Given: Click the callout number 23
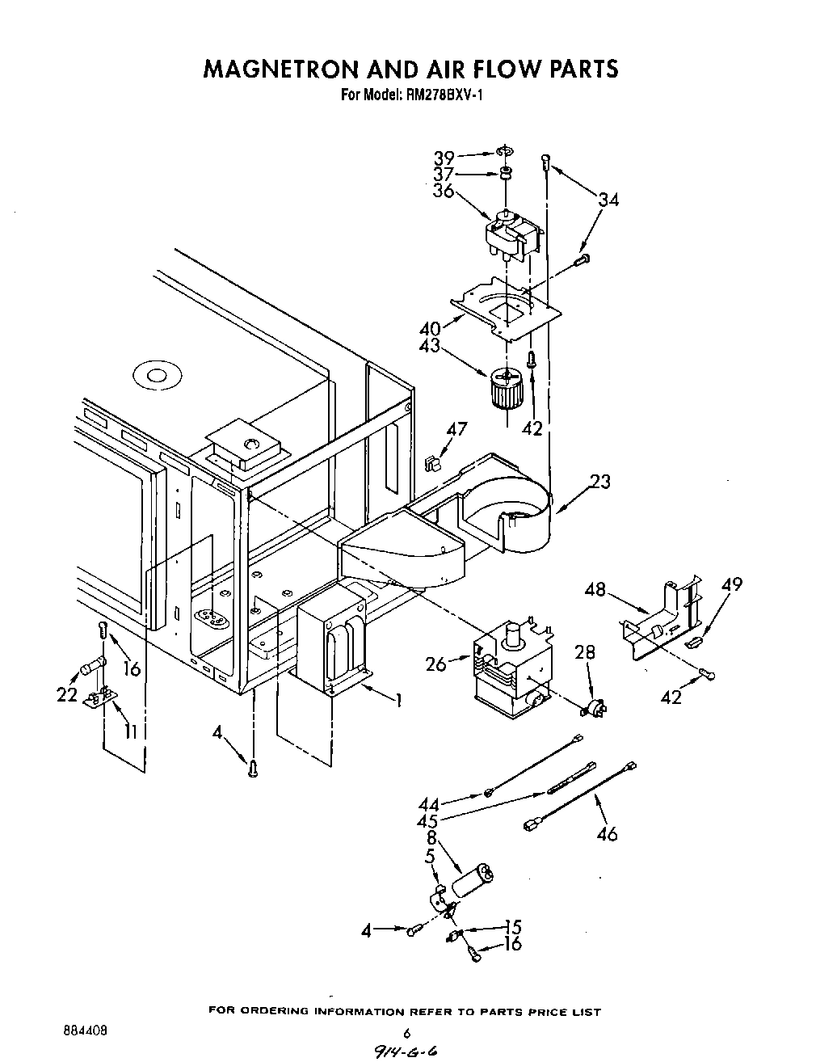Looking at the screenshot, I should [600, 482].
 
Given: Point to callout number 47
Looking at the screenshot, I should [456, 429].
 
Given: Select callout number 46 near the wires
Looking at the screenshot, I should [606, 832].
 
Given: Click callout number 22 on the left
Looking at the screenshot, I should [67, 694].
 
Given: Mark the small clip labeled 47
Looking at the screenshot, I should [431, 464].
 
